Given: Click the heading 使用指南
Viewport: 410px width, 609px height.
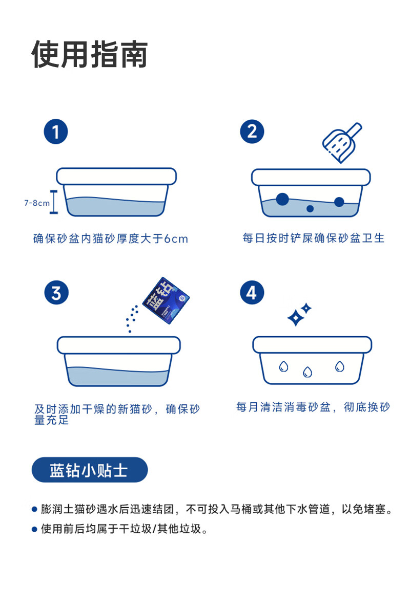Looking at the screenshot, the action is click(x=90, y=54).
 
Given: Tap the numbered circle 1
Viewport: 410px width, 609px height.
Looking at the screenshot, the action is click(x=56, y=132).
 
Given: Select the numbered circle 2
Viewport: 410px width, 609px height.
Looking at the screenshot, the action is click(x=252, y=132).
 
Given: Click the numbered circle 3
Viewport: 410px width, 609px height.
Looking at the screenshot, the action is click(x=56, y=293).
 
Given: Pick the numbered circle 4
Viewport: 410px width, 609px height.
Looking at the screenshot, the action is click(x=252, y=292).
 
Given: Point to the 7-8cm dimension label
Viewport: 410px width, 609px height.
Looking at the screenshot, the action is click(x=37, y=203).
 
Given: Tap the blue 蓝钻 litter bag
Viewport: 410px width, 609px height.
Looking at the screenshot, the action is click(x=166, y=300).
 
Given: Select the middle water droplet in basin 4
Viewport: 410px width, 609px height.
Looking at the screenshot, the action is click(x=307, y=372).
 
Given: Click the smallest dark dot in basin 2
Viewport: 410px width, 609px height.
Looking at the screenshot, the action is click(x=310, y=209).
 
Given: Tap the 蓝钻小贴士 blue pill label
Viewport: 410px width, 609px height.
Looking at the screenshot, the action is click(x=90, y=470).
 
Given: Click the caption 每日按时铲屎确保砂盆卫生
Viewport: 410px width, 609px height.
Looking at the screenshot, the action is click(x=314, y=238).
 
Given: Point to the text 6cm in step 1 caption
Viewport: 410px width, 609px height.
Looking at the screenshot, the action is click(x=176, y=238).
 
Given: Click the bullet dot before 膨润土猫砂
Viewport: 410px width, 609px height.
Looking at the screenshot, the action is click(x=35, y=509).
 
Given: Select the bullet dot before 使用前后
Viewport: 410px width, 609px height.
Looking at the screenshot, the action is click(x=35, y=529).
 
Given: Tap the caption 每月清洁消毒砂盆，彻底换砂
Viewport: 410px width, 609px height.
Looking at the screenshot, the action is click(x=313, y=407).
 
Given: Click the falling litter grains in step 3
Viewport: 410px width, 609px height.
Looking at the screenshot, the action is click(x=132, y=319).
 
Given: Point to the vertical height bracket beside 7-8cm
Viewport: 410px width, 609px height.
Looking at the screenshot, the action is click(x=54, y=202).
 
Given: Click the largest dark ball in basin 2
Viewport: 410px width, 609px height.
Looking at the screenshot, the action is click(x=282, y=199).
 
